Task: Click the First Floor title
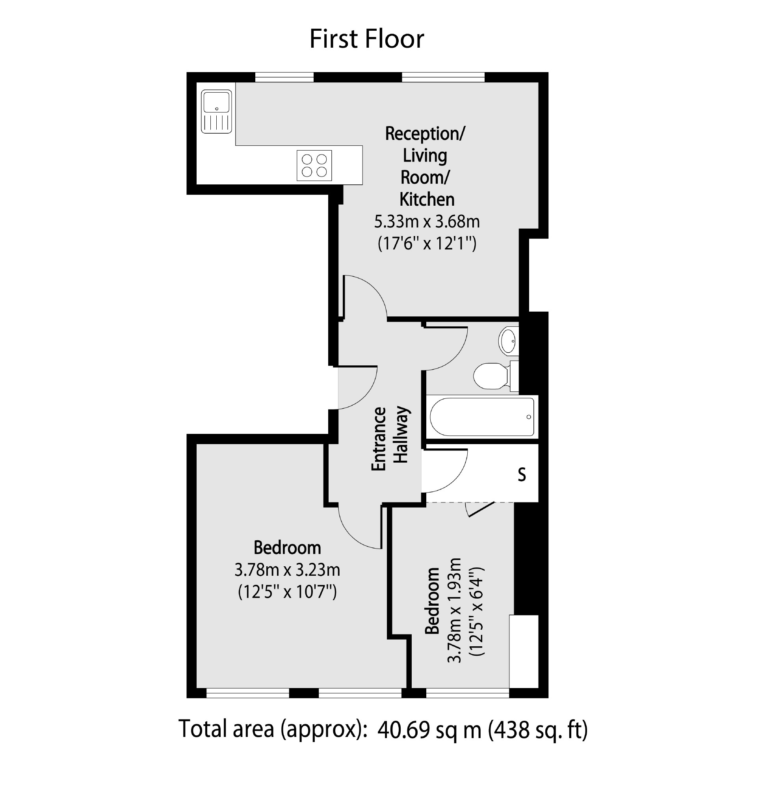tap(366, 39)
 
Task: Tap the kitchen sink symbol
tap(217, 112)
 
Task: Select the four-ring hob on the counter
tap(314, 166)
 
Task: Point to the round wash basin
tap(507, 341)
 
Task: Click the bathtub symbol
tap(482, 417)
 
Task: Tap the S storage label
tap(522, 474)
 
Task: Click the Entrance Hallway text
tap(390, 439)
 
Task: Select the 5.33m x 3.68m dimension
tap(427, 222)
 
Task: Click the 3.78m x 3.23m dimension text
tap(287, 570)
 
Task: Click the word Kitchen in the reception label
tap(427, 200)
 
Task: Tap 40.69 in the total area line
tap(403, 730)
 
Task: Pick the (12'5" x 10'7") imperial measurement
tap(287, 592)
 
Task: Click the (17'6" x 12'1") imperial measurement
tap(427, 244)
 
